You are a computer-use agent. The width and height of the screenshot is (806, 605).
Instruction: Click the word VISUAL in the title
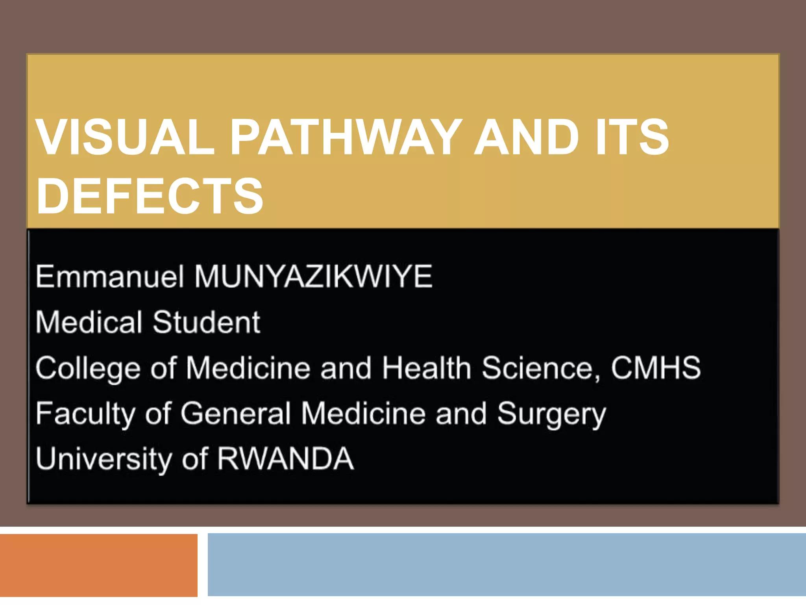[125, 137]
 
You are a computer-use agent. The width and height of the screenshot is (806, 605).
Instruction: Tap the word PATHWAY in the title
[346, 137]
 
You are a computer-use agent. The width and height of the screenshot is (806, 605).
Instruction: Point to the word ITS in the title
[632, 137]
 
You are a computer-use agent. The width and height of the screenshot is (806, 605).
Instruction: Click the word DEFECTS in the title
[150, 196]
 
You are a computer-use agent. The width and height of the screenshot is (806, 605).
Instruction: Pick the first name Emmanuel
[110, 277]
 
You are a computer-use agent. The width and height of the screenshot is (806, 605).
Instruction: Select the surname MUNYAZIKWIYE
[314, 277]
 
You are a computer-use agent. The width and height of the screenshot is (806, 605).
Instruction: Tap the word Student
[206, 322]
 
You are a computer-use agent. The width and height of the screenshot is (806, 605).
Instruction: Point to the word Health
[427, 368]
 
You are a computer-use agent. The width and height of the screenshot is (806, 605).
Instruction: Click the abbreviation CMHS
[656, 368]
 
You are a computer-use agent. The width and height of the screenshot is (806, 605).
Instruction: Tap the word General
[235, 414]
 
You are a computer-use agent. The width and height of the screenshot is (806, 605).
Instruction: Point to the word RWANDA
[285, 459]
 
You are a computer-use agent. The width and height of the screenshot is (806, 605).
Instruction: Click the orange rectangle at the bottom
[98, 565]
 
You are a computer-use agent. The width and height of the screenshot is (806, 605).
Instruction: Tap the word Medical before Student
[89, 322]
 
